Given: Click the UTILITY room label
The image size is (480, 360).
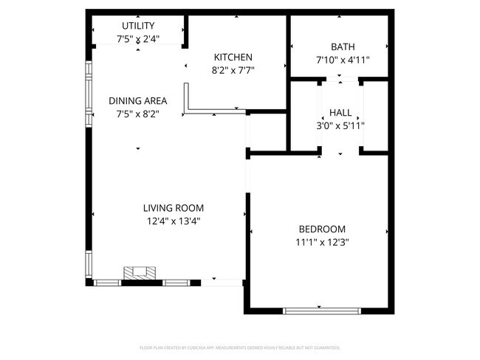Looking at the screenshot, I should [x=138, y=26].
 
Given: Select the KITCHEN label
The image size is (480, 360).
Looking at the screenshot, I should [x=233, y=58].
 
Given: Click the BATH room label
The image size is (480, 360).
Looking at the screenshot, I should [x=342, y=47].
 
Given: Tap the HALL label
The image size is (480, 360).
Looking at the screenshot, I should [x=340, y=112].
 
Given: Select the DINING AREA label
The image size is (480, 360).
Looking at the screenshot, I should [x=138, y=101].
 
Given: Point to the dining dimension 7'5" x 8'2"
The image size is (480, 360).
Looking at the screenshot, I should [x=138, y=114].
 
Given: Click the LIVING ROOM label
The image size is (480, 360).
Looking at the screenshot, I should [x=174, y=208].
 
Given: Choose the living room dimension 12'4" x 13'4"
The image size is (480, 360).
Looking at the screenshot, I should [x=174, y=221].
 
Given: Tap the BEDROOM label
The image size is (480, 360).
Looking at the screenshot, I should [x=321, y=229].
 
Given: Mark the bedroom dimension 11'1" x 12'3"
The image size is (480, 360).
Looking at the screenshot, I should [x=321, y=241].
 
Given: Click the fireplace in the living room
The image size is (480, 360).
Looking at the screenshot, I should [x=140, y=273].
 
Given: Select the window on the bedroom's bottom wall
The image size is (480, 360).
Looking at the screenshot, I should [x=321, y=310].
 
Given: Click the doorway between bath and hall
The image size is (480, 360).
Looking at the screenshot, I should [x=340, y=77].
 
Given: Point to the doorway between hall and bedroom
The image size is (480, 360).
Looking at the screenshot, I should [x=340, y=153].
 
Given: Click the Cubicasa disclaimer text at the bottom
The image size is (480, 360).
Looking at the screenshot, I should [x=240, y=347].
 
